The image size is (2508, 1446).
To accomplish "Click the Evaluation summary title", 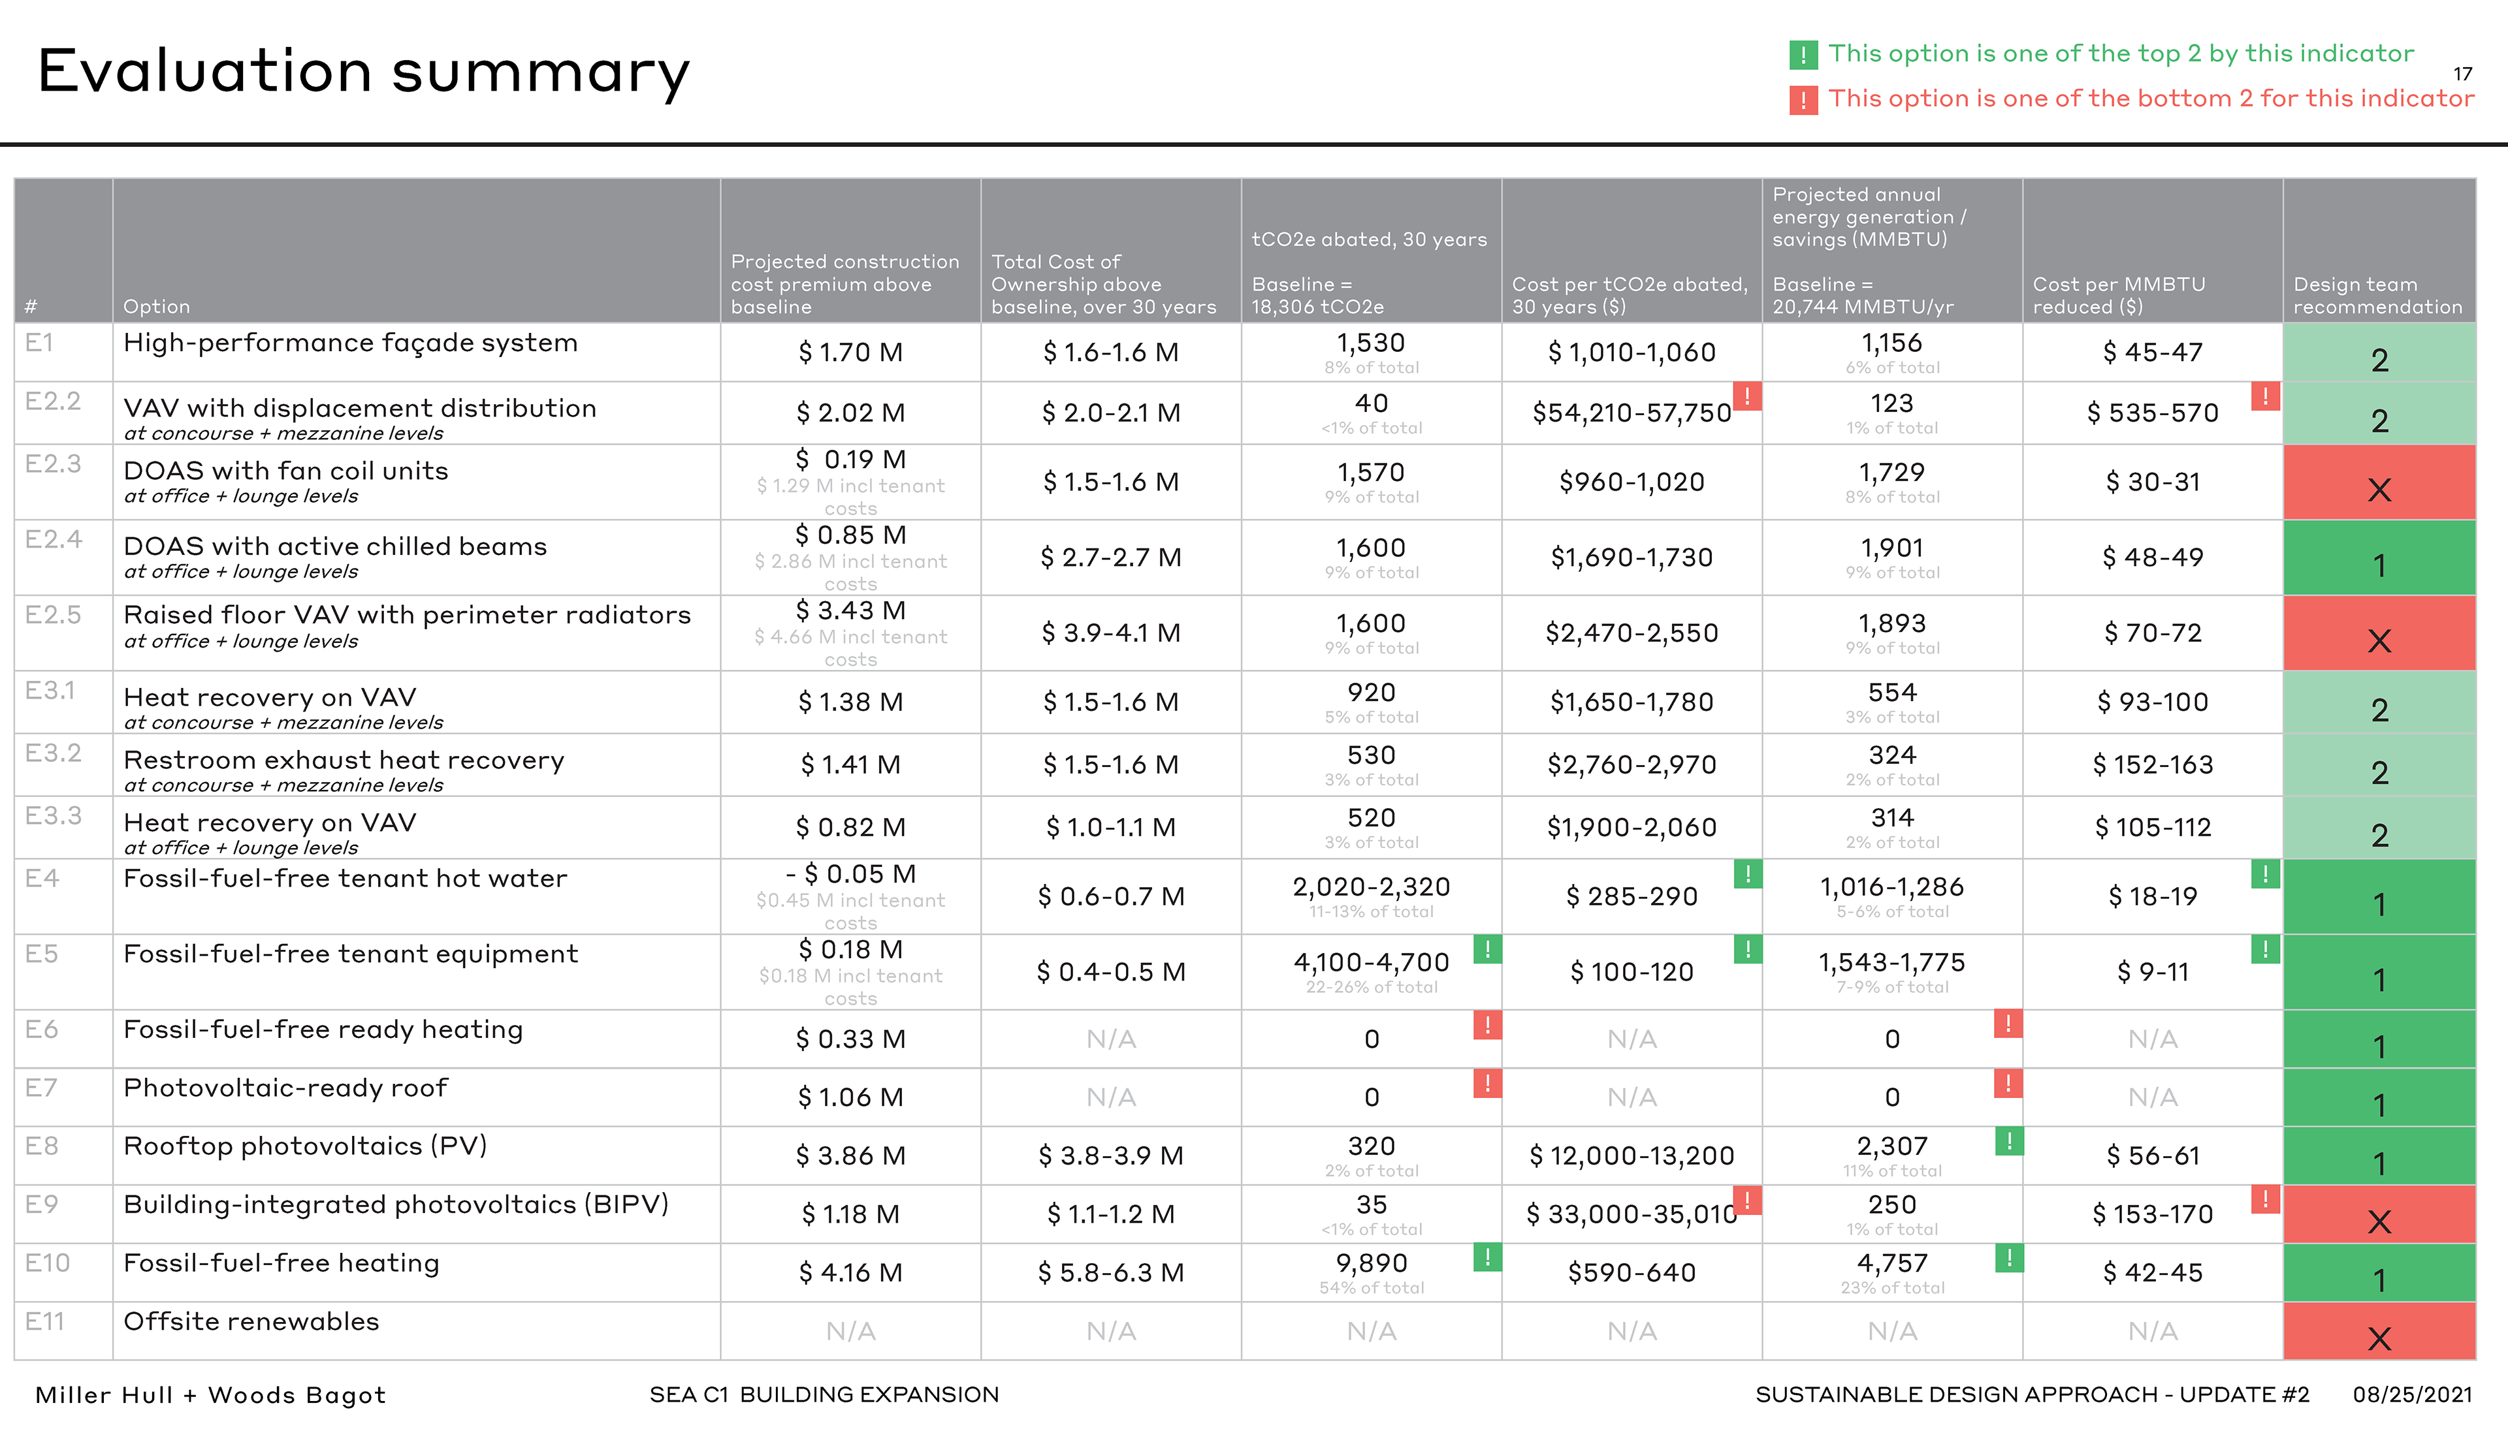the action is click(364, 72).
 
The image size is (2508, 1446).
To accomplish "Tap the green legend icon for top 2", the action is click(1803, 55).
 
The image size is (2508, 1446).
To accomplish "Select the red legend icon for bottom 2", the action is click(1803, 99).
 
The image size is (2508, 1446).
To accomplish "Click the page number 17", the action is click(2462, 74).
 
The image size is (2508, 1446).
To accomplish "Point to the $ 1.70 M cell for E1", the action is click(850, 353).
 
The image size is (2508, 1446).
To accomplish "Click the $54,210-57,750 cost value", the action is click(1631, 413).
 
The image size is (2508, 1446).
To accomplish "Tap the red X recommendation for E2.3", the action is click(2379, 490).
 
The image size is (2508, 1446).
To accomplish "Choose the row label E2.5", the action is click(54, 615).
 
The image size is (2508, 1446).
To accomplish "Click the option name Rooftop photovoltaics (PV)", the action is click(305, 1146).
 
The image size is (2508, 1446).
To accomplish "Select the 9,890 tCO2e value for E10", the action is click(1372, 1263).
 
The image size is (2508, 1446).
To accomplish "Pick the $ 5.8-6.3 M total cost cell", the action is click(1110, 1273).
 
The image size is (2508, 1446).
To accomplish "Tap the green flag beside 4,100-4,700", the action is click(1487, 949).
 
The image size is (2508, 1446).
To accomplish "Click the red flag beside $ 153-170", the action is click(2264, 1200).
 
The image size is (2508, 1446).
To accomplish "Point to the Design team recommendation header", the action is click(2378, 296).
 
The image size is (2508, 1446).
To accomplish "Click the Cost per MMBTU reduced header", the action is click(2119, 296).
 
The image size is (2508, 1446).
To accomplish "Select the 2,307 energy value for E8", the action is click(1892, 1146).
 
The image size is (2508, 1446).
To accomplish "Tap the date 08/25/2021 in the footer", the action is click(2411, 1394).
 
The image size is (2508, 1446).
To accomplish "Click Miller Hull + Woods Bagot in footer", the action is click(210, 1395).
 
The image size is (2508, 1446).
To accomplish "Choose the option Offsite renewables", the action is click(251, 1322).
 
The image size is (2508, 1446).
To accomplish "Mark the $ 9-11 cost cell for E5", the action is click(2153, 972).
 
